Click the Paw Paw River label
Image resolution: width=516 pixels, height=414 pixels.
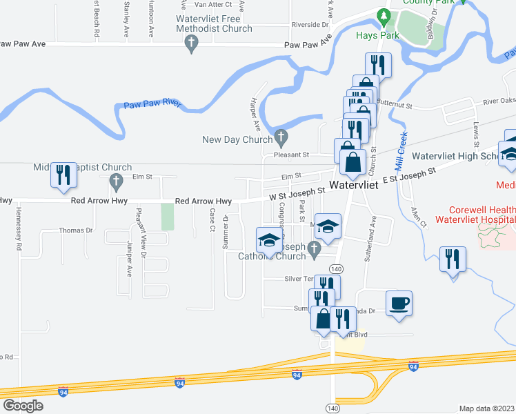pyautogui.click(x=152, y=105)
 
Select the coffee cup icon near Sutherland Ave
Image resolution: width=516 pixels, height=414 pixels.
pyautogui.click(x=399, y=303)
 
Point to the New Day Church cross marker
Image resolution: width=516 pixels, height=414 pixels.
pyautogui.click(x=280, y=135)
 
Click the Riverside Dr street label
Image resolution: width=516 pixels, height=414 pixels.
pyautogui.click(x=310, y=25)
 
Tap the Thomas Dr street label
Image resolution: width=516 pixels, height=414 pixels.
pyautogui.click(x=75, y=230)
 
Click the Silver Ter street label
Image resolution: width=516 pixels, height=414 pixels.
pyautogui.click(x=299, y=279)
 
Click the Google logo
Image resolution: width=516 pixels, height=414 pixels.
pyautogui.click(x=23, y=405)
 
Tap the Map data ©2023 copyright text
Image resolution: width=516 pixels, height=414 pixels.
pyautogui.click(x=486, y=408)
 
